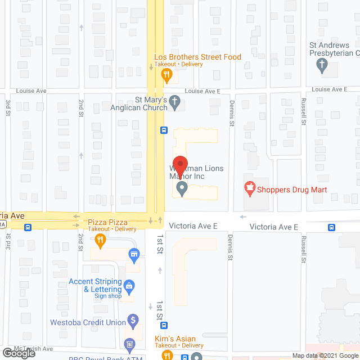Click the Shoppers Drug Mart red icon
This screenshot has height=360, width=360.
click(248, 187)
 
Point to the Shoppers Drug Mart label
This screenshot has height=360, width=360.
click(292, 190)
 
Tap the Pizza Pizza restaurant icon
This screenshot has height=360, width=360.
click(100, 240)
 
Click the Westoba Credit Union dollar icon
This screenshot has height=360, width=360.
click(133, 322)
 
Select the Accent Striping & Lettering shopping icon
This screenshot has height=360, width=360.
click(129, 286)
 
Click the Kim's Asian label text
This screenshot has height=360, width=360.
click(175, 339)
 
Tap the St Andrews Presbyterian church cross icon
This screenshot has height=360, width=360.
click(323, 65)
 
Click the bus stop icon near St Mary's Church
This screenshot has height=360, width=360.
click(164, 130)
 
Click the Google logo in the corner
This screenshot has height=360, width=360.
click(19, 353)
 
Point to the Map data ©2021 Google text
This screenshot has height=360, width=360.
click(325, 355)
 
